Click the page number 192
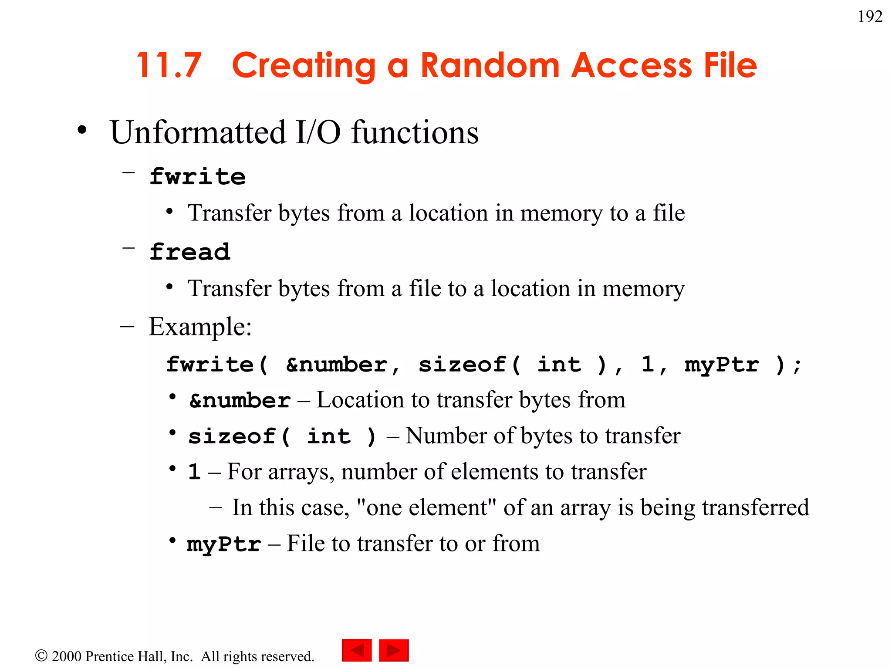(x=870, y=17)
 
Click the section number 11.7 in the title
(x=169, y=65)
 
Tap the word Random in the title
(x=490, y=65)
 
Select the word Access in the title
(x=631, y=65)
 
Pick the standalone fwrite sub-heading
(x=197, y=176)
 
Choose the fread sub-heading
(x=189, y=252)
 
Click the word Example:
(x=200, y=327)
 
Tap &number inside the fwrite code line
(x=336, y=365)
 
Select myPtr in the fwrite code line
(x=722, y=365)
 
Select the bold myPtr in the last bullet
(x=224, y=544)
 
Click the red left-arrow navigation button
(x=357, y=650)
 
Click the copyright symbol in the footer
(x=41, y=655)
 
